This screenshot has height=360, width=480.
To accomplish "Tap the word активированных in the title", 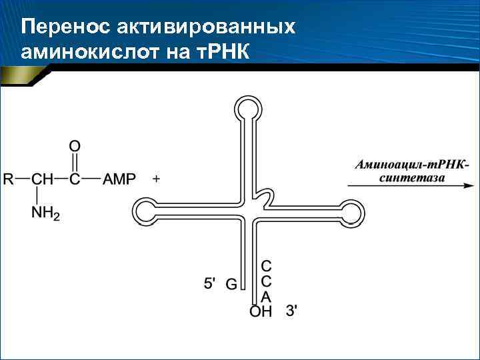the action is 206,27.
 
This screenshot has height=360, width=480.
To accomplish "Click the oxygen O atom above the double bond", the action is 75,145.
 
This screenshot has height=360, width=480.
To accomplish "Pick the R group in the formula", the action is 9,179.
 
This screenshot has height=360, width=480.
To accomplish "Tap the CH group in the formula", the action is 41,179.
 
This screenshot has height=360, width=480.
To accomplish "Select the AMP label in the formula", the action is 119,179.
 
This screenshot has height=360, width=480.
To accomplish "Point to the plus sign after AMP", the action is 157,179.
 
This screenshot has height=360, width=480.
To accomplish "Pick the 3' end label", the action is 292,310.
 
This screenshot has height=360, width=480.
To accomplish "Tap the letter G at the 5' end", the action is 231,285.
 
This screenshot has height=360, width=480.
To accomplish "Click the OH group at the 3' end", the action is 260,311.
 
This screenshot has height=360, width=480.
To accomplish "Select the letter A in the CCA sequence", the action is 266,297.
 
